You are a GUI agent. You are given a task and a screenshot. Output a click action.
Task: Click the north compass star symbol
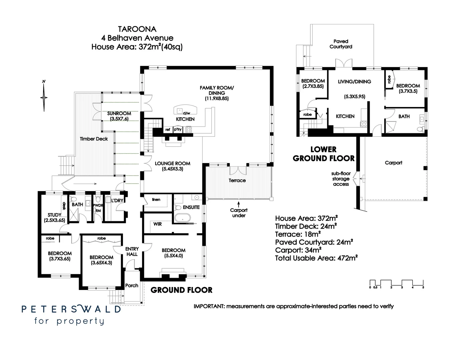[44, 97]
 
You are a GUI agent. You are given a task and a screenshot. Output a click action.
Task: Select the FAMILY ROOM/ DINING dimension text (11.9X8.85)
[217, 99]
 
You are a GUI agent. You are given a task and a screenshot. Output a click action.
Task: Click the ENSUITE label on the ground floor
[191, 207]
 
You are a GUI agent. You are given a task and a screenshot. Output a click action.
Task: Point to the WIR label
[158, 224]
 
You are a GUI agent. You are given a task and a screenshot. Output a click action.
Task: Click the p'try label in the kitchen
[178, 129]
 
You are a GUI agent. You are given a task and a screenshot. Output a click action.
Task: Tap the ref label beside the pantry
[168, 129]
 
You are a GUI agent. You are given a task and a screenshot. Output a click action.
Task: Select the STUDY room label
[54, 215]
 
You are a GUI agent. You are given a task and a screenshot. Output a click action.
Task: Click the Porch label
[132, 285]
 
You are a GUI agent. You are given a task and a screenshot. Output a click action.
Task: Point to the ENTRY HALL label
[132, 252]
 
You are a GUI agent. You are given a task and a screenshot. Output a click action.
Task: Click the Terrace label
[237, 180]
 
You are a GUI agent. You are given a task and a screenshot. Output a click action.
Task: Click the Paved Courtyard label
[341, 44]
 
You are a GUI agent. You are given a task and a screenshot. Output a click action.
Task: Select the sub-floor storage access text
[341, 179]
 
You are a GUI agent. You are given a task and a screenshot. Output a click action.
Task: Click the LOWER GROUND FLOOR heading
[323, 154]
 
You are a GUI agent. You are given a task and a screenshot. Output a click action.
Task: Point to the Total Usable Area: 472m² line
[316, 258]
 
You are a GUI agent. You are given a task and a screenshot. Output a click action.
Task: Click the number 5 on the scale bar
[423, 287]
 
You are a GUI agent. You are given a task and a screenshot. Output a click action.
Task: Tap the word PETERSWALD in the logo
[71, 309]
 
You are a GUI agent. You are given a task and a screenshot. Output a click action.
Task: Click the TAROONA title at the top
[137, 30]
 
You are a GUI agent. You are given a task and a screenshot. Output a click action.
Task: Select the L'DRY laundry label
[117, 200]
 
